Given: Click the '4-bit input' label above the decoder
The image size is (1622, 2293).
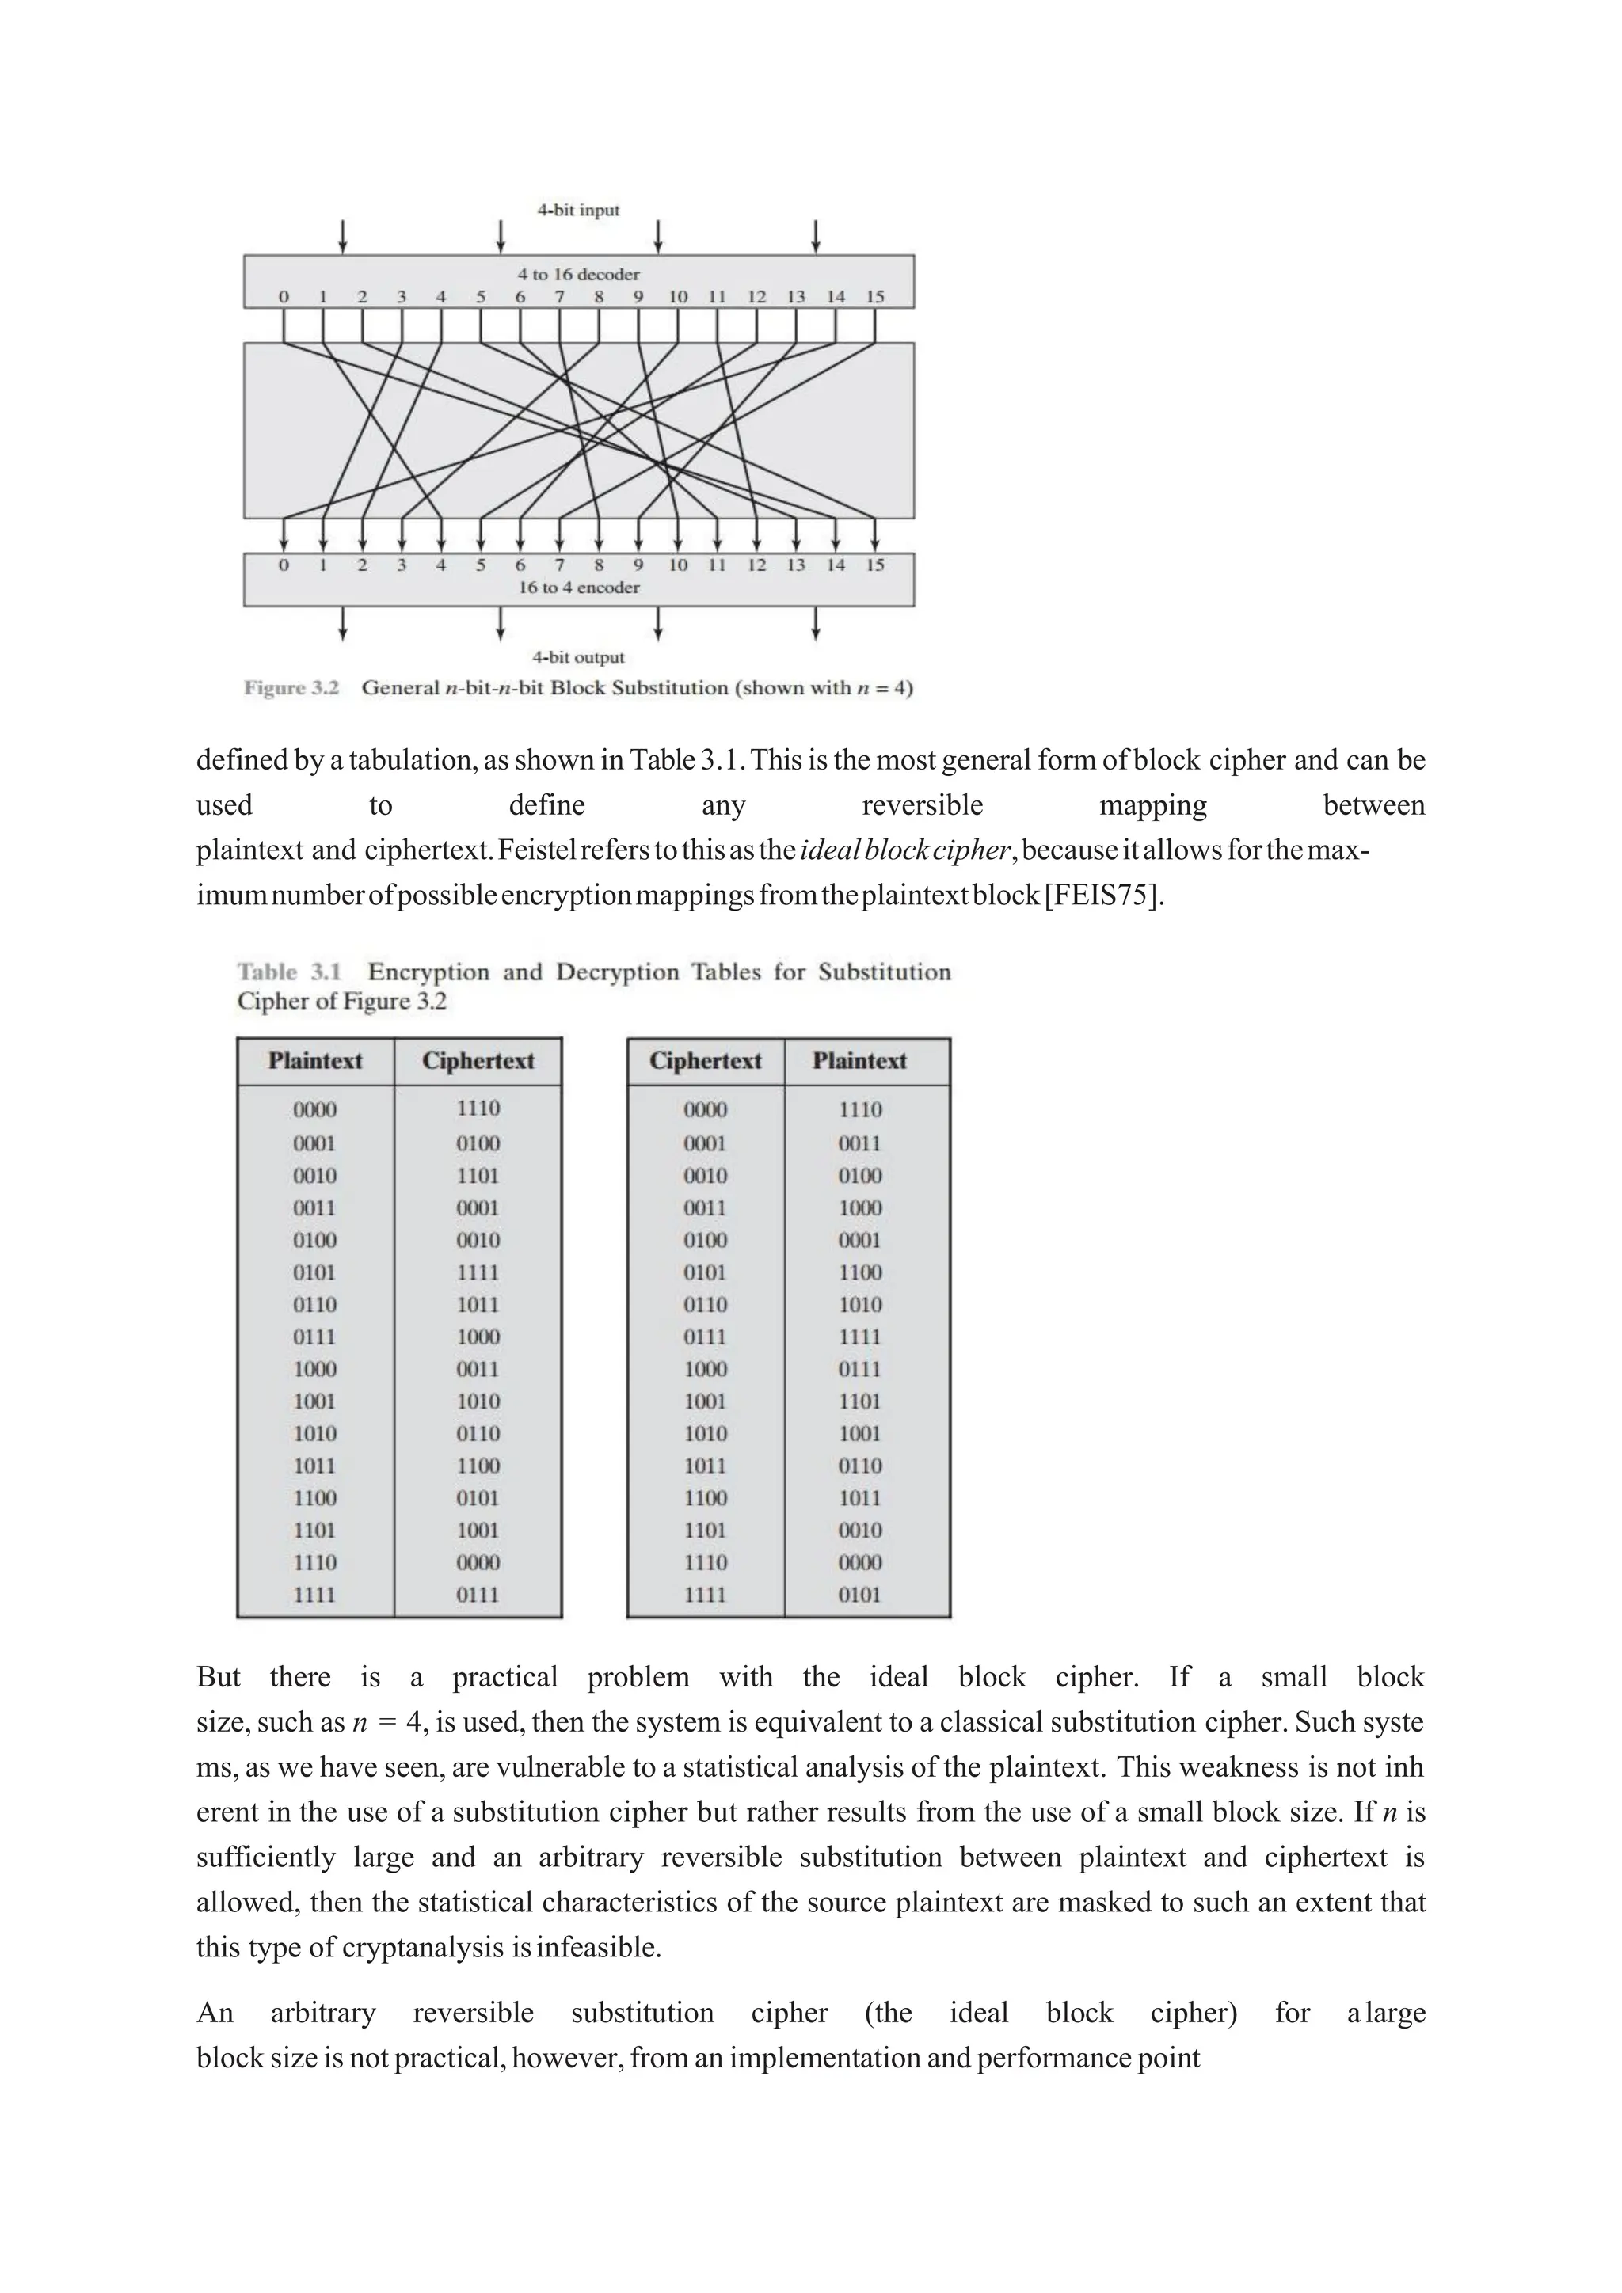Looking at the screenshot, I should pos(578,210).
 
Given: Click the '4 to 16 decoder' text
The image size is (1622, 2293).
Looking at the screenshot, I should pos(578,274).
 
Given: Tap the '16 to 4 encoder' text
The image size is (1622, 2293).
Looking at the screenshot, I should pos(578,588).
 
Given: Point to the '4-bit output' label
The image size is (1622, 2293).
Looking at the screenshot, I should pos(578,657).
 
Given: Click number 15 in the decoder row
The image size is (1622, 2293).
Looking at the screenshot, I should pos(875,297).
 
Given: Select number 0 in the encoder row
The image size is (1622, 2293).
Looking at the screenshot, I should pos(284,565).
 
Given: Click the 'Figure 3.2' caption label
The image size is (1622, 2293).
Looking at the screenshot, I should pos(291,688).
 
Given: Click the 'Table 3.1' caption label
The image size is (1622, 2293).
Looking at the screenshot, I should pos(290,972).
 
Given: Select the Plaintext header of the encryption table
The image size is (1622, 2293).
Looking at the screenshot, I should pos(314,1061).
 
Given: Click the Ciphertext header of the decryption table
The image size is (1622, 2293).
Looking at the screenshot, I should pos(705,1061).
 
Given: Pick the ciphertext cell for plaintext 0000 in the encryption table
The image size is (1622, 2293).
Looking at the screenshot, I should pos(478,1108).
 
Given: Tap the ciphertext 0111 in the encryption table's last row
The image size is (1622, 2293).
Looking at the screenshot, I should pos(478,1595).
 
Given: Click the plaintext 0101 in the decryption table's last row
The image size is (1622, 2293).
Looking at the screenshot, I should pos(859,1595).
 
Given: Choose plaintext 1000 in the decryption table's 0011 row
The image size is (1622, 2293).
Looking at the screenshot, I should pos(859,1207).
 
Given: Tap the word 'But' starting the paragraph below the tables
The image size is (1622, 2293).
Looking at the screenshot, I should pos(218,1677).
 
